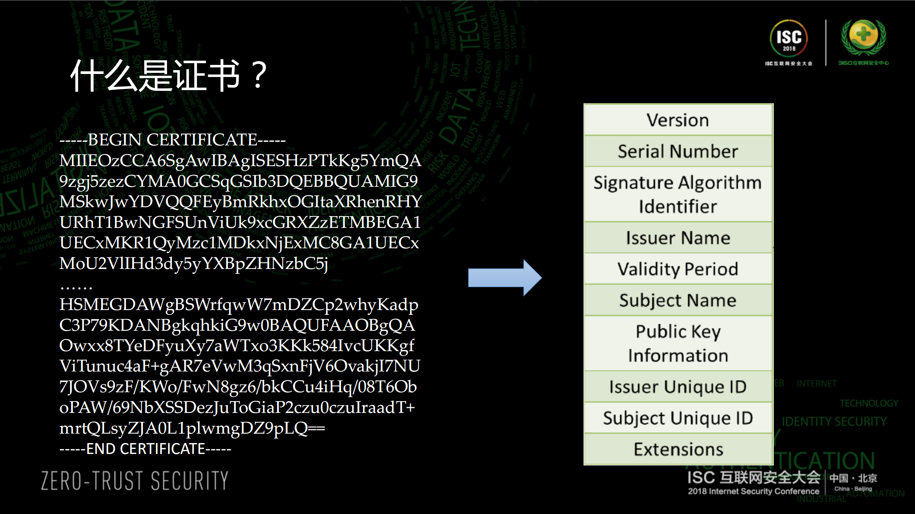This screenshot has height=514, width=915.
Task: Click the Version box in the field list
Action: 678,120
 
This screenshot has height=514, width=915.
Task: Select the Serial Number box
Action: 678,151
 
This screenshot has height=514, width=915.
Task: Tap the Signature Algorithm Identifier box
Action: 678,194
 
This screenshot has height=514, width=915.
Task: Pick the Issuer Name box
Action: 678,238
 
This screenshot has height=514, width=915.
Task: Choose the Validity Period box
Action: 678,269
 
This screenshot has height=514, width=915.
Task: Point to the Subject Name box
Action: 678,300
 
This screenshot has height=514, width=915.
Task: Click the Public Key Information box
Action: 678,344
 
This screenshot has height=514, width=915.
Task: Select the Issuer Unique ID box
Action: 678,387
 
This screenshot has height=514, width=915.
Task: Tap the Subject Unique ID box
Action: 678,418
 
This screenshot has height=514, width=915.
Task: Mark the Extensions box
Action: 678,449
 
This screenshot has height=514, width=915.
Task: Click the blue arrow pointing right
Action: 505,278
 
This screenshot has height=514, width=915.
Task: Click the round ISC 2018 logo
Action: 788,39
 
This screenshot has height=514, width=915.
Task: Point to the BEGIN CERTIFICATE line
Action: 172,140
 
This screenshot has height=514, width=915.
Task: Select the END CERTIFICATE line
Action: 145,449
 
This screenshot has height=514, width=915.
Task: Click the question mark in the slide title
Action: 259,75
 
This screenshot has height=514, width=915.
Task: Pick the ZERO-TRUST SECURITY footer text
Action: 134,480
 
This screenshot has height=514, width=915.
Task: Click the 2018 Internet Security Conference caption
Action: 753,491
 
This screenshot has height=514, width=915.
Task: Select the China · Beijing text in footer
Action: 853,489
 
